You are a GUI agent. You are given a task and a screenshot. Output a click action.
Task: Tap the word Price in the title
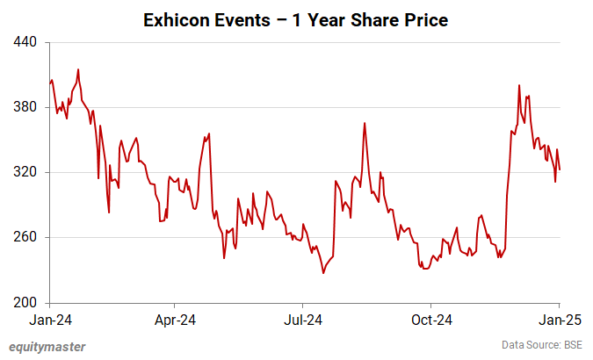(x=423, y=19)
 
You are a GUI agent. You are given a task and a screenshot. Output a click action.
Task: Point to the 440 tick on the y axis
(x=25, y=42)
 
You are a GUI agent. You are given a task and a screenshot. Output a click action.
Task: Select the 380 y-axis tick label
(x=25, y=107)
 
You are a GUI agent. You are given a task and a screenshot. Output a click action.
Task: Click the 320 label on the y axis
(x=25, y=172)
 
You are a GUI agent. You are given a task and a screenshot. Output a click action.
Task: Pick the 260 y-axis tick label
(x=25, y=237)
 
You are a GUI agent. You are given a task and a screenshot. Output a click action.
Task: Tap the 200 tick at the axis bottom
(x=25, y=303)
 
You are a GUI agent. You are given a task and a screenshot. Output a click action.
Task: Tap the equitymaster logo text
(x=47, y=347)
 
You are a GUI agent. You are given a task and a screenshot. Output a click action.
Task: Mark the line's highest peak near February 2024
(x=78, y=69)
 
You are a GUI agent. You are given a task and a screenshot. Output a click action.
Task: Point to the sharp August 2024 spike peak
(x=364, y=123)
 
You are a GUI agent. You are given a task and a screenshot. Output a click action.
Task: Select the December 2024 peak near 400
(x=520, y=85)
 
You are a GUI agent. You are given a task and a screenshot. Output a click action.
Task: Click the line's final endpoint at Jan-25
(x=560, y=169)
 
